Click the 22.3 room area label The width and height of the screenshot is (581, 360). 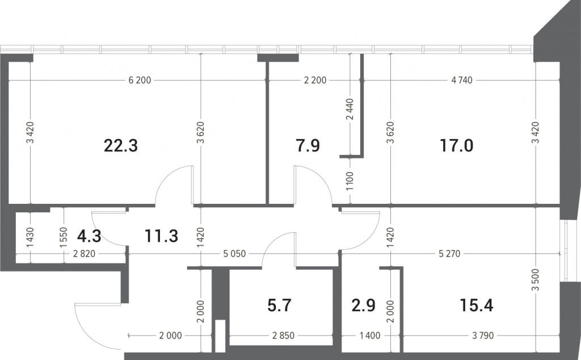pos(121,146)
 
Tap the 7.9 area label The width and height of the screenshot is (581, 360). pos(308,146)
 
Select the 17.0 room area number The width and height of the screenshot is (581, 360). pos(457,146)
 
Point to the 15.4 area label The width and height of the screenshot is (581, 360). pos(477,305)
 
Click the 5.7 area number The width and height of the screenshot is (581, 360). pos(279,305)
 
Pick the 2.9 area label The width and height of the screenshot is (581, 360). pos(364,305)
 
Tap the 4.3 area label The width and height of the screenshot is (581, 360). pos(89,236)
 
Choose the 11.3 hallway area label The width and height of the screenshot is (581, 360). pos(162,236)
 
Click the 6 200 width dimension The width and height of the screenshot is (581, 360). pos(140,80)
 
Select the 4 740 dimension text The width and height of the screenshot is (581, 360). pos(462,80)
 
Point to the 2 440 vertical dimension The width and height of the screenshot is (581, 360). pos(350,109)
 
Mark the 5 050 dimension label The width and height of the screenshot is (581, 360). pos(234,254)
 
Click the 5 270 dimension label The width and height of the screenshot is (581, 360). pos(449,254)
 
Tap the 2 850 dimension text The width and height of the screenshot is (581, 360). pos(284,336)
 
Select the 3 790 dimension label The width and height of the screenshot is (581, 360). pos(483,336)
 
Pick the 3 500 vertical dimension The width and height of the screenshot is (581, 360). pos(536,280)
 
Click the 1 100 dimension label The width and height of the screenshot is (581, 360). pos(350,181)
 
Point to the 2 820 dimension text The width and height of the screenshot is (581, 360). pos(85,254)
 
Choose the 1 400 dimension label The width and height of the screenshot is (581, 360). pos(370,336)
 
